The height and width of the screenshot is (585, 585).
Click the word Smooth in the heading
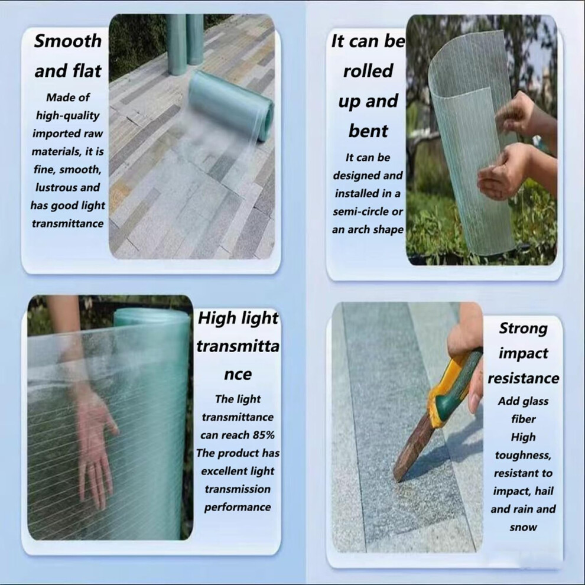[x=67, y=41]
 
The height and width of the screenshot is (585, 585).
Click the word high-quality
[x=67, y=116]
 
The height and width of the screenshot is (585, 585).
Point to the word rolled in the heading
[x=368, y=71]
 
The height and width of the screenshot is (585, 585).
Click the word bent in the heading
[x=368, y=131]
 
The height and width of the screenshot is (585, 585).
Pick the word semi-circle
[x=356, y=212]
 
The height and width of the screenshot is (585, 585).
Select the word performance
[x=238, y=508]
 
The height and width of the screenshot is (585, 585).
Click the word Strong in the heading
[x=523, y=329]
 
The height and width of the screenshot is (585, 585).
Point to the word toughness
[x=523, y=456]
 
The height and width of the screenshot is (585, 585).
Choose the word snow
[x=523, y=528]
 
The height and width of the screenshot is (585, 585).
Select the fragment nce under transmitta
[x=238, y=375]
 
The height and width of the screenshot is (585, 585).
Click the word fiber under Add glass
[x=523, y=419]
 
